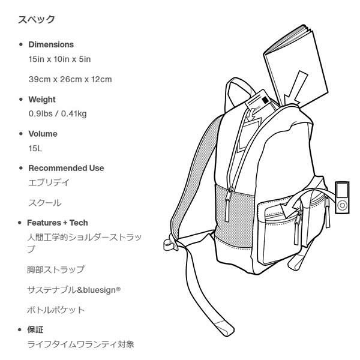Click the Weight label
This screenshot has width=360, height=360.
point(42,100)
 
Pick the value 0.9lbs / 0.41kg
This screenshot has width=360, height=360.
point(58,114)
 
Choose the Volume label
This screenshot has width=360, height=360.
point(43,134)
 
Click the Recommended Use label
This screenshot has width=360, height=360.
point(66,168)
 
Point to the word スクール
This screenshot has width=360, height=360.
point(45,203)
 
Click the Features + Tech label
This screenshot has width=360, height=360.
point(58,223)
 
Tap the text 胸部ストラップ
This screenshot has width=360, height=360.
point(56,269)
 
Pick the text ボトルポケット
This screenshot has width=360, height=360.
point(56,310)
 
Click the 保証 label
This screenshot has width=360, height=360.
point(36,330)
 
